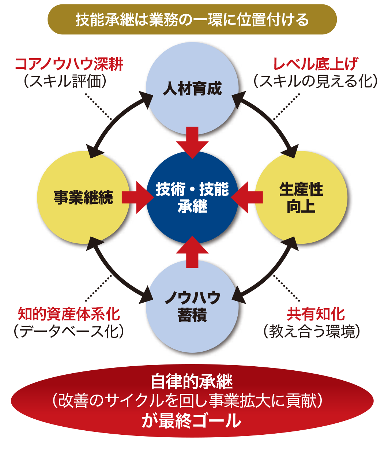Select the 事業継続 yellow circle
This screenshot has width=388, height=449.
[x=83, y=197]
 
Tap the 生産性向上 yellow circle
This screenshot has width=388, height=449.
[x=301, y=197]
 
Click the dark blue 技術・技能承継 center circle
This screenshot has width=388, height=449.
[x=192, y=197]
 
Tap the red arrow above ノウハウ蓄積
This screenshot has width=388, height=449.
[x=192, y=252]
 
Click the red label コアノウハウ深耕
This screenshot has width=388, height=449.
[x=69, y=65]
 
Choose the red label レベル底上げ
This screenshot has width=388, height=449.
[x=316, y=65]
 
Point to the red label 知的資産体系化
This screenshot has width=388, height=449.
[x=69, y=314]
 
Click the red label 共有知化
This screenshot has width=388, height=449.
[x=316, y=314]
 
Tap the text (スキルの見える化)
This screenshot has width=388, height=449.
[x=316, y=81]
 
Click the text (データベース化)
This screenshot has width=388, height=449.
[x=68, y=331]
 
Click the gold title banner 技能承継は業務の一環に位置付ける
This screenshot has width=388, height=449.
[x=192, y=19]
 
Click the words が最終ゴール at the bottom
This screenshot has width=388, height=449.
[x=192, y=421]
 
